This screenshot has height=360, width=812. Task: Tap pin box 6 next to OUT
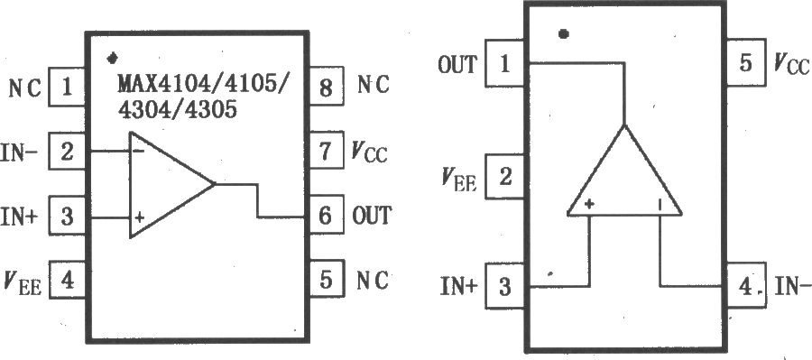325,216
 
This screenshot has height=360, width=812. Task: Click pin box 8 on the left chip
325,88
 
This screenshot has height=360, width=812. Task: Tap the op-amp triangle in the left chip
167,185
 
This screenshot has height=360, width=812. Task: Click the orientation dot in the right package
564,34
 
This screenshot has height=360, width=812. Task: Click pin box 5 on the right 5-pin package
743,64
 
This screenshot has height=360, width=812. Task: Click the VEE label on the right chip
459,178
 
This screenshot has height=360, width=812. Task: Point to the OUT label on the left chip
372,217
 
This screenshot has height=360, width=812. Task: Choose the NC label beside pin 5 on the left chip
372,282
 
